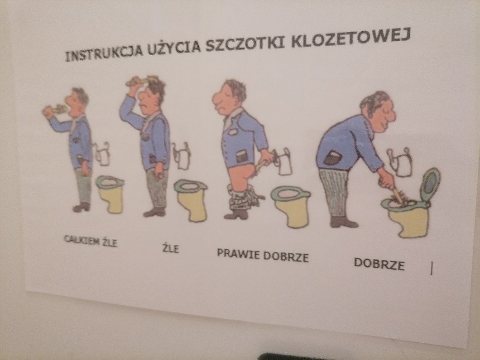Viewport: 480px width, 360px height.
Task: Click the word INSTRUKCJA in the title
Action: pyautogui.click(x=104, y=53)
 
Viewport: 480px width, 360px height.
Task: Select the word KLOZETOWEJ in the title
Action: pyautogui.click(x=351, y=38)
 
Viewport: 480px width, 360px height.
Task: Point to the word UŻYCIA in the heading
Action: pyautogui.click(x=174, y=48)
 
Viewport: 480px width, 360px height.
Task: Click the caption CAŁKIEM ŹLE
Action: pyautogui.click(x=91, y=241)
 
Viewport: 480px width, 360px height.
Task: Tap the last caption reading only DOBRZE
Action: pyautogui.click(x=379, y=264)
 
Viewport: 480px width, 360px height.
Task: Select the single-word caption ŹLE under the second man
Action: pyautogui.click(x=171, y=248)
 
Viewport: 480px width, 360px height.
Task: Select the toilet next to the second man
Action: pyautogui.click(x=191, y=199)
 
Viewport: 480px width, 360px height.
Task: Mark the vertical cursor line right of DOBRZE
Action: pyautogui.click(x=432, y=268)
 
